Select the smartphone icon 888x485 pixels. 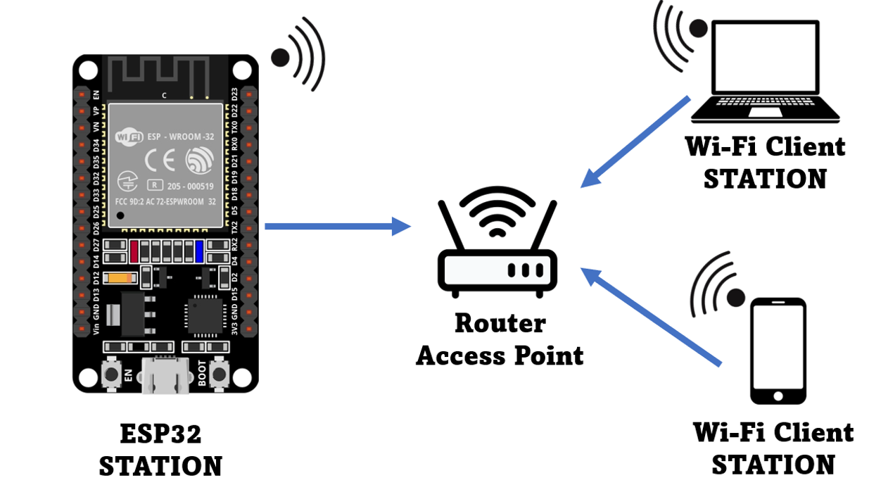pos(778,351)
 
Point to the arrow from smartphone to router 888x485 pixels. pos(650,316)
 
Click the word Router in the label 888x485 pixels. pos(500,323)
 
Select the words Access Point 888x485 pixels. pos(500,355)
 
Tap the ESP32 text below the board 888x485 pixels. pos(160,434)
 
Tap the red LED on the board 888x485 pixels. pos(134,250)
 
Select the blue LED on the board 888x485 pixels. pos(200,250)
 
